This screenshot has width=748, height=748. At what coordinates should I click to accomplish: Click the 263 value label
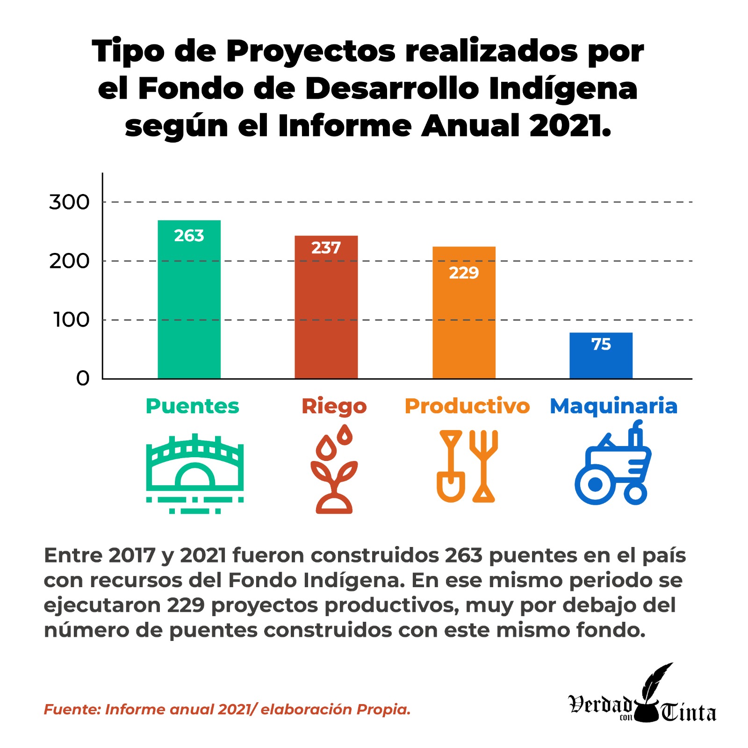(x=189, y=236)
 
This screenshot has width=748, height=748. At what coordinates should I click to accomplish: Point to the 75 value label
(x=601, y=345)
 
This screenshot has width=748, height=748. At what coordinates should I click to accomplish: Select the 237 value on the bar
(x=326, y=248)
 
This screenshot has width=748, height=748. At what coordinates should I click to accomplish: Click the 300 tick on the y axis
(x=69, y=202)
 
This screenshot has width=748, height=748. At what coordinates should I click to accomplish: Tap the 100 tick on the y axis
(x=71, y=320)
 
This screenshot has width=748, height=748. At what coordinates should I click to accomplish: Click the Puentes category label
(x=192, y=406)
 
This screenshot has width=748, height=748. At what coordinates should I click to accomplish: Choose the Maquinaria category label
(x=613, y=406)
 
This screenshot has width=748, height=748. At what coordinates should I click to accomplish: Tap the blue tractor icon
(x=612, y=465)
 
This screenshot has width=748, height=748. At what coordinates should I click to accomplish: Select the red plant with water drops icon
(x=334, y=470)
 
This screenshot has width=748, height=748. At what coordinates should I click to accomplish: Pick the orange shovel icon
(x=451, y=467)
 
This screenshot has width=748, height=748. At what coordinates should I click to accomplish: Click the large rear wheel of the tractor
(x=594, y=485)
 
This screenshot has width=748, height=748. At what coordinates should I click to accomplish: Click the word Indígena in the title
(x=563, y=89)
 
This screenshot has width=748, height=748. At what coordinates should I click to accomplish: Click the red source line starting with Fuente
(x=227, y=709)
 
